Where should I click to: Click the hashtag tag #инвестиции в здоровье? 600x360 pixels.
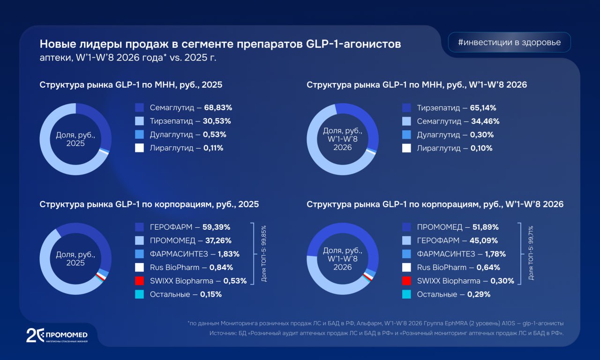510,42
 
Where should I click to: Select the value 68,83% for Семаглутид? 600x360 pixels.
217,107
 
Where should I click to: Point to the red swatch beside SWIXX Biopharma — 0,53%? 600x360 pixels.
139,281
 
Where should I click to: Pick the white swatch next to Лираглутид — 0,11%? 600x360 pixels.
139,148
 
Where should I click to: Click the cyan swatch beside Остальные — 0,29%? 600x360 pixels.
406,294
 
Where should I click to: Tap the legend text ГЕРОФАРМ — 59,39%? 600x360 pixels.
190,227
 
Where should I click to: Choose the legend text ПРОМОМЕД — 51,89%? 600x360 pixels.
457,227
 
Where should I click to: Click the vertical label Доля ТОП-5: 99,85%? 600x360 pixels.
264,253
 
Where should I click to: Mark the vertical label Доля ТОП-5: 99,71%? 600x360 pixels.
531,253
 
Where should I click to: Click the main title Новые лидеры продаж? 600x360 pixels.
220,44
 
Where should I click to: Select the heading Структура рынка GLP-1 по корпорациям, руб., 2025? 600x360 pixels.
149,204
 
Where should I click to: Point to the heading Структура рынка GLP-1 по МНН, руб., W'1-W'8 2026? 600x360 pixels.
417,85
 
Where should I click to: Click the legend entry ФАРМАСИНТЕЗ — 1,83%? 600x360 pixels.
195,254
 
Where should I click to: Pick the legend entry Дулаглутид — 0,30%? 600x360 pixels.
455,135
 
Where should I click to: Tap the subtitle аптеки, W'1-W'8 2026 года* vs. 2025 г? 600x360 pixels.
128,58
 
